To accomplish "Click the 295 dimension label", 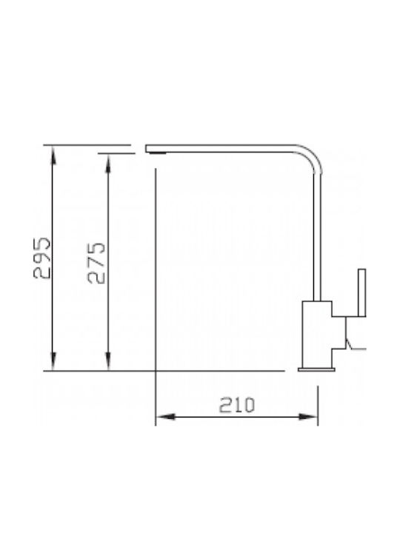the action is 42,258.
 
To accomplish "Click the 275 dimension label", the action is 96,263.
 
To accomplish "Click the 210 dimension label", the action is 237,405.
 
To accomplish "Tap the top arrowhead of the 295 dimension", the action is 53,155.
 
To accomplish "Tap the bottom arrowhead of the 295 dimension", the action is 53,361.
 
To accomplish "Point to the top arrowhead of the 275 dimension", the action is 108,163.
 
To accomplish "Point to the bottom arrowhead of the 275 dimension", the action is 108,361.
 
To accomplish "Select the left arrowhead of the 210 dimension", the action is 165,417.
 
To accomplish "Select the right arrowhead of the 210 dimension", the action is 308,417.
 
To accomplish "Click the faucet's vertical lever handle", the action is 362,292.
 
